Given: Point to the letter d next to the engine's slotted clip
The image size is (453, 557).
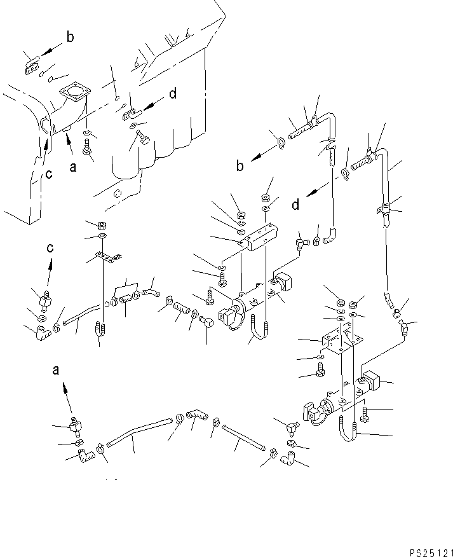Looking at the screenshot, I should point(172,95).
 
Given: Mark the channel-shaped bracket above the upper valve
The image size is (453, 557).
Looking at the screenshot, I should point(259,237).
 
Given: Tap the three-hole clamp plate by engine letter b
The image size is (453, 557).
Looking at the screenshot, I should point(31,67).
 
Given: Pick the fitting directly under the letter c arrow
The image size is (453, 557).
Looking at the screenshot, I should point(46,296).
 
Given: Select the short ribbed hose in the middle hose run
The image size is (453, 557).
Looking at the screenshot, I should point(182,311).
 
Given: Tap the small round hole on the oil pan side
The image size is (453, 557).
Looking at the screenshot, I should point(118,193).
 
